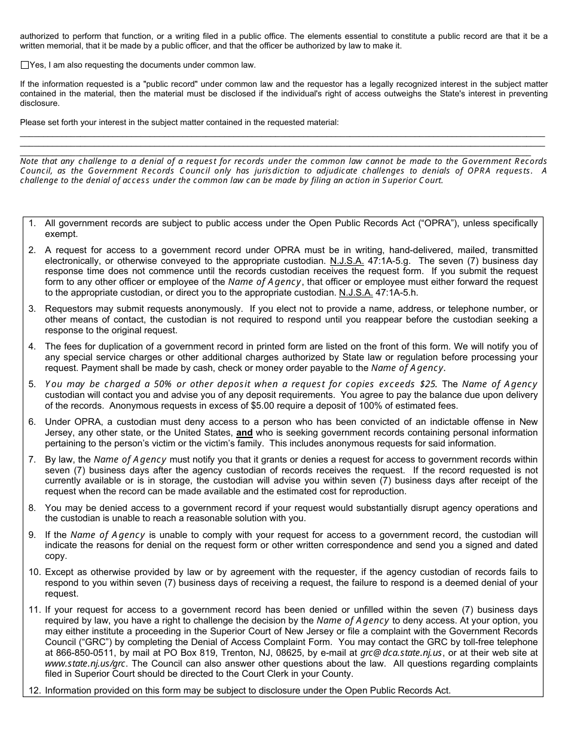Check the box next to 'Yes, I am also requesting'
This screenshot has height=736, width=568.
click(24, 65)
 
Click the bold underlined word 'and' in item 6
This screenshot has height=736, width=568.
click(245, 433)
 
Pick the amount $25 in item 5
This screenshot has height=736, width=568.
click(428, 384)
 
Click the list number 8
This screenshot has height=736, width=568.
click(33, 508)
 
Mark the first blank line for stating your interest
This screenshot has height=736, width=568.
click(282, 135)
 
